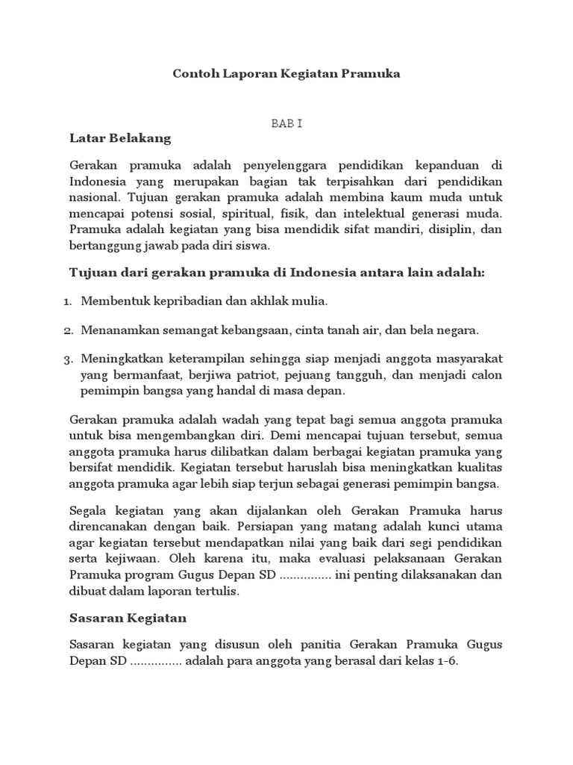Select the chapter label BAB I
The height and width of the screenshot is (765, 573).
286,123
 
